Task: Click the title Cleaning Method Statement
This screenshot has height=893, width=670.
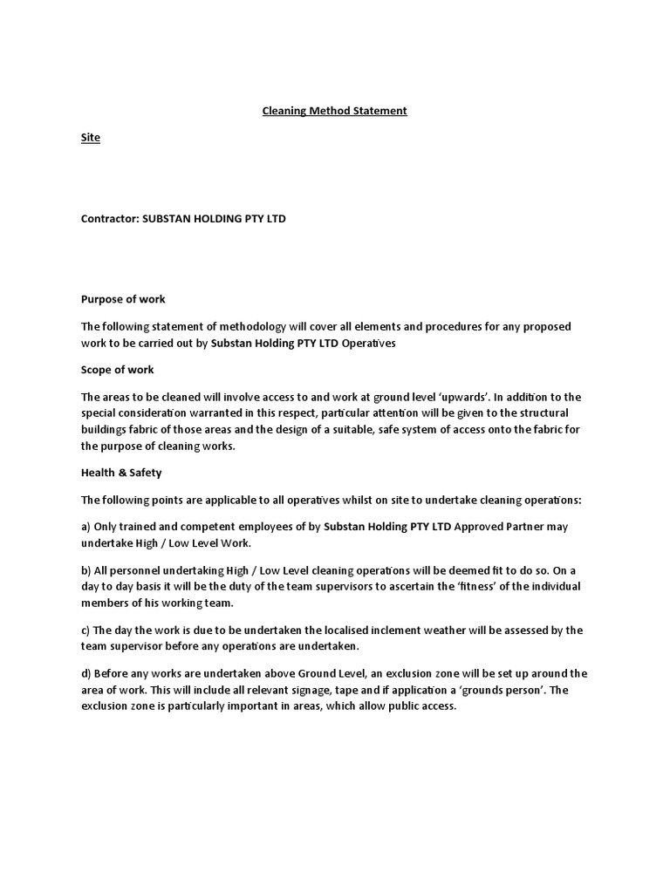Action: (x=335, y=111)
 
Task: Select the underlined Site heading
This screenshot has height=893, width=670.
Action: (x=91, y=138)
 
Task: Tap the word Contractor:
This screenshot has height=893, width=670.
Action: (x=104, y=219)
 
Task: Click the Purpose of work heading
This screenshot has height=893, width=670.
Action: (x=123, y=299)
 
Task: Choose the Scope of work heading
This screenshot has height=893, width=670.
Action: (x=117, y=370)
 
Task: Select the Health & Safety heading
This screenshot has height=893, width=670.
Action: (x=121, y=473)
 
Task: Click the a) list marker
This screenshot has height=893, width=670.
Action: (x=86, y=527)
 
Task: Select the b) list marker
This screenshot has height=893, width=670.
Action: (x=86, y=569)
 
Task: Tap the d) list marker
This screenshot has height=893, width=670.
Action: (x=86, y=673)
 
